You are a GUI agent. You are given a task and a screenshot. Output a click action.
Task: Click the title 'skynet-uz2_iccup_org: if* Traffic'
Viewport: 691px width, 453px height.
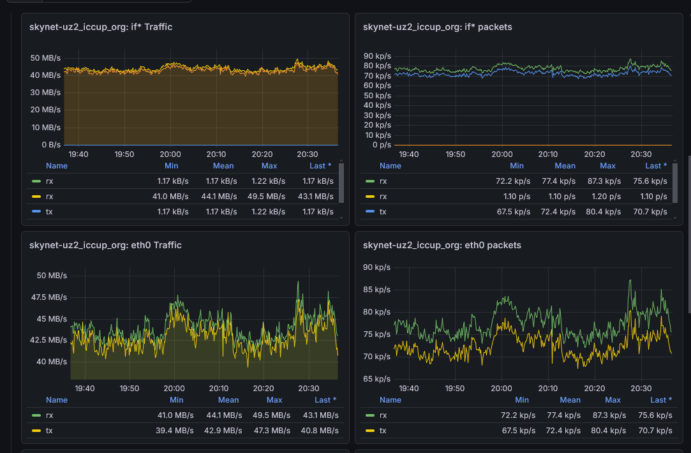(x=100, y=27)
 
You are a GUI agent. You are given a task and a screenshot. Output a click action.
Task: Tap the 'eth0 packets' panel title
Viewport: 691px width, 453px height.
(x=442, y=245)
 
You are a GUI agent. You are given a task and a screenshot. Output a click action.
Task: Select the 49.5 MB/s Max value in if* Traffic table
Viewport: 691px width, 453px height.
(x=266, y=196)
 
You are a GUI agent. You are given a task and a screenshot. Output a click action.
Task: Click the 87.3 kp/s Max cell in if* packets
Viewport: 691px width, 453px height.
(x=604, y=181)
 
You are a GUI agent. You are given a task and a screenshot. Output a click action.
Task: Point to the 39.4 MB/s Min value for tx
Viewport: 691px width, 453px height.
(x=175, y=431)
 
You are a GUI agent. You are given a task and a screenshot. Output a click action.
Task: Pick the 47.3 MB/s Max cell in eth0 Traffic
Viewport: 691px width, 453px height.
(x=272, y=431)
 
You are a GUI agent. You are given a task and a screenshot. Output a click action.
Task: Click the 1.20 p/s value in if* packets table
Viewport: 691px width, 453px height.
(x=606, y=196)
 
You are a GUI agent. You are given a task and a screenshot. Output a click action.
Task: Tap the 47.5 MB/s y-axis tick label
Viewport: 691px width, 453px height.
(x=49, y=297)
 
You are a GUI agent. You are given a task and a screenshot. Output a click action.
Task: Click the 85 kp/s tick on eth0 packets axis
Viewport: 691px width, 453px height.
(x=377, y=290)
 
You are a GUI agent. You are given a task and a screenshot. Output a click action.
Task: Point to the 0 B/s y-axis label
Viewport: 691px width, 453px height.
(x=51, y=145)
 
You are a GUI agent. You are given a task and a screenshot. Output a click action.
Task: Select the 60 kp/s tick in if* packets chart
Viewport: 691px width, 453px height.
(x=377, y=85)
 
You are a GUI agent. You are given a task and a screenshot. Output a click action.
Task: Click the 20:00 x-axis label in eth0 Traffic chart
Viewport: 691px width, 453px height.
(x=174, y=388)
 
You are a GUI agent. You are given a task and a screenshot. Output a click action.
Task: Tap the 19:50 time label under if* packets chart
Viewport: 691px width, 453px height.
(x=455, y=154)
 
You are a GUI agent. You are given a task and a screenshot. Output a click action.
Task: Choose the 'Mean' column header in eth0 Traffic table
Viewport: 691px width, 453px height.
(x=228, y=399)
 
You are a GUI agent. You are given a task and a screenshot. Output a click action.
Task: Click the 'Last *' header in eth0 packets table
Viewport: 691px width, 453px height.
(x=661, y=399)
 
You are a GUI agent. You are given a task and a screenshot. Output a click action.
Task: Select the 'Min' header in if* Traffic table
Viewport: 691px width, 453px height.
(x=172, y=166)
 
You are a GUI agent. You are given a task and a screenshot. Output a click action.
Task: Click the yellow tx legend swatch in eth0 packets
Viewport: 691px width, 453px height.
(x=369, y=431)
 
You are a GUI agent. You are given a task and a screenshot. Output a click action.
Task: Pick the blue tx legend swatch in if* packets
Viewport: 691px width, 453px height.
(x=369, y=212)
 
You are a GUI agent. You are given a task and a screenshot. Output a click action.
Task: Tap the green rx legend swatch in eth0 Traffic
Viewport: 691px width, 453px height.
(x=36, y=415)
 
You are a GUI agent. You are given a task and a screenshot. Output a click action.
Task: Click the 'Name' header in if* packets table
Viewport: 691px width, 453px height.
(x=390, y=166)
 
